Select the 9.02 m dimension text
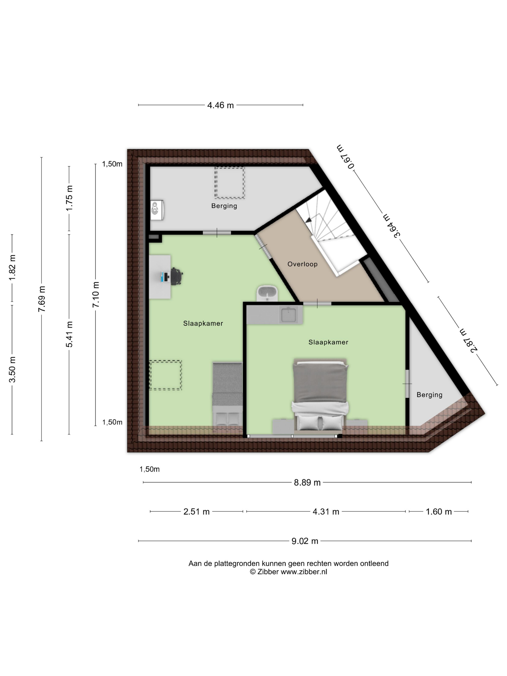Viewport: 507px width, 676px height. [x=305, y=541]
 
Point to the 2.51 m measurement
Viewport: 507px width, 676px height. [x=197, y=512]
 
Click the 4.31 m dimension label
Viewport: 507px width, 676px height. [x=326, y=512]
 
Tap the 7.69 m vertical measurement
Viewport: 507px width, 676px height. [x=42, y=299]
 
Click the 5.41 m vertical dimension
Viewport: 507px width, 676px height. [x=69, y=334]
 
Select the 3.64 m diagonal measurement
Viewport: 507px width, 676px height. [x=392, y=225]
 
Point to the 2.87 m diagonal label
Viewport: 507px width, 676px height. [x=468, y=341]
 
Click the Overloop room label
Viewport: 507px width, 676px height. [x=303, y=264]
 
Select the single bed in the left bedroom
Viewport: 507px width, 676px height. [x=228, y=394]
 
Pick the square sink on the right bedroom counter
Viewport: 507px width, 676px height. [x=289, y=315]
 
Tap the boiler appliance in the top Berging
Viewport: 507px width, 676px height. [x=157, y=210]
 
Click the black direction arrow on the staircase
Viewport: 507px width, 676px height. [x=308, y=219]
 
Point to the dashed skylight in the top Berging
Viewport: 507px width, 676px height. [x=230, y=183]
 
